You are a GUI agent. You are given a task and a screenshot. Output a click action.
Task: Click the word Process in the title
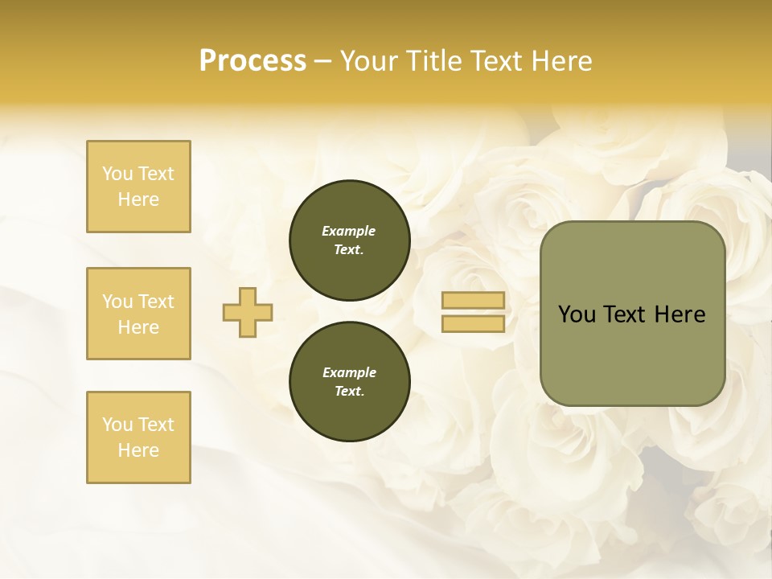[x=253, y=61]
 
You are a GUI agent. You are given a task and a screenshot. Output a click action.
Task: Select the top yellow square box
[x=138, y=187]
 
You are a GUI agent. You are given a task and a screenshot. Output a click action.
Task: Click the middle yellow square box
[x=138, y=314]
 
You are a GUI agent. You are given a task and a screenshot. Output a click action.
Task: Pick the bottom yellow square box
[x=138, y=437]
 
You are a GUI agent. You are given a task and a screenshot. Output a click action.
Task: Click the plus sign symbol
[x=248, y=312]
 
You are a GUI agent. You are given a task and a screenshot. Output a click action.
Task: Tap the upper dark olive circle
[x=350, y=240]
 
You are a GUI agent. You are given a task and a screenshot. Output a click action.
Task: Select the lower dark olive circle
[x=350, y=382]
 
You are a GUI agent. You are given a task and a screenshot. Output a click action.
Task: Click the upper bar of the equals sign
[x=473, y=301]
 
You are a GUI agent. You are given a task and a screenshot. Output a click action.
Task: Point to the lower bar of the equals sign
[x=473, y=323]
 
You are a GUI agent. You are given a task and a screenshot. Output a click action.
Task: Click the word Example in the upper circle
[x=349, y=231]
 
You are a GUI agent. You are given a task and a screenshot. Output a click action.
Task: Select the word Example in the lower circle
[x=349, y=372]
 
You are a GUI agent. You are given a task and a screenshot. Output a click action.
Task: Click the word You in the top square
[x=117, y=174]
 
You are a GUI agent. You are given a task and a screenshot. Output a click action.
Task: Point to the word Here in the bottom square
[x=138, y=450]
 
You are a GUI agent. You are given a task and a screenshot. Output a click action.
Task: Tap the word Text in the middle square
[x=156, y=302]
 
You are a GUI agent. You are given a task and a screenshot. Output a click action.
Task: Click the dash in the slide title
[x=323, y=61]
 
